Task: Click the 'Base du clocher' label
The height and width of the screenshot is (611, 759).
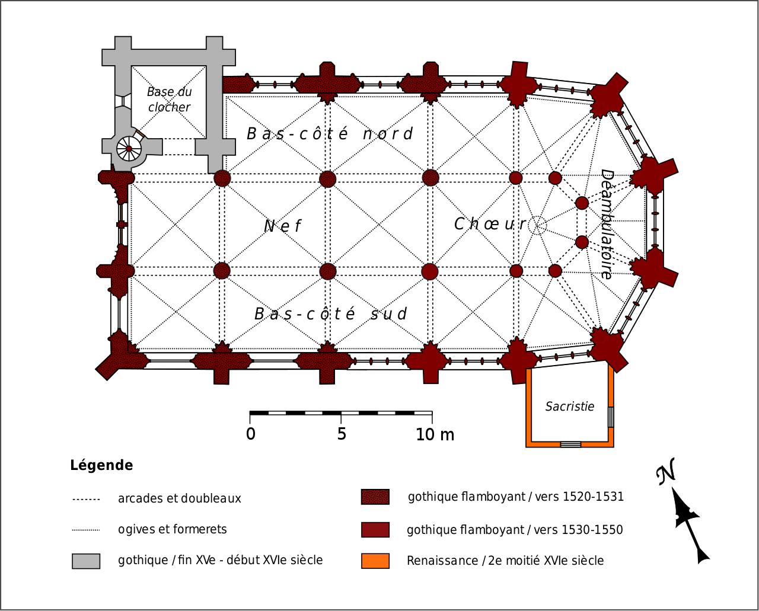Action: pos(169,100)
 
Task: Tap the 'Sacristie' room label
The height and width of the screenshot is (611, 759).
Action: pos(569,407)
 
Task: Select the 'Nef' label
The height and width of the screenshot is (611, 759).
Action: pos(283,226)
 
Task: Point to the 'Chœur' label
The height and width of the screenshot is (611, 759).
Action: pos(490,224)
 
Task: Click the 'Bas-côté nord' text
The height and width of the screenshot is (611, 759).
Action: pos(329,133)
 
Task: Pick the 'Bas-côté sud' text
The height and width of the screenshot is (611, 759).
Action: pos(331,314)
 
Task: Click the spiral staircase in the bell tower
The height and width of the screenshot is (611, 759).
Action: pos(129,148)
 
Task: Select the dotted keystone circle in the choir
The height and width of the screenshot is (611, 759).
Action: pos(537,225)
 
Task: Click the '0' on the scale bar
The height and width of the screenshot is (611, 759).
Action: pos(251,434)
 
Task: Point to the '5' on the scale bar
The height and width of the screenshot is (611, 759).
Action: pos(342,434)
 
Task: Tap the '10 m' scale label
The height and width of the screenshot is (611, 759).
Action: pos(435,434)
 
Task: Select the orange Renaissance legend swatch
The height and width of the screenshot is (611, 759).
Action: pos(375,561)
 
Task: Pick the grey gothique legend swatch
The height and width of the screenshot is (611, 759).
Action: pos(86,561)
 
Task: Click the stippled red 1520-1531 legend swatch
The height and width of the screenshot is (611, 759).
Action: pos(375,497)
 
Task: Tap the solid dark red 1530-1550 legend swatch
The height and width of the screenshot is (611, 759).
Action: pos(375,529)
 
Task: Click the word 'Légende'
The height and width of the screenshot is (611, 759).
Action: pos(101,465)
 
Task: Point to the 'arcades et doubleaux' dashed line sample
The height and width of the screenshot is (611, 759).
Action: pos(86,499)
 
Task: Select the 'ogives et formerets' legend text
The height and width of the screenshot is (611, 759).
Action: pos(172,529)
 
